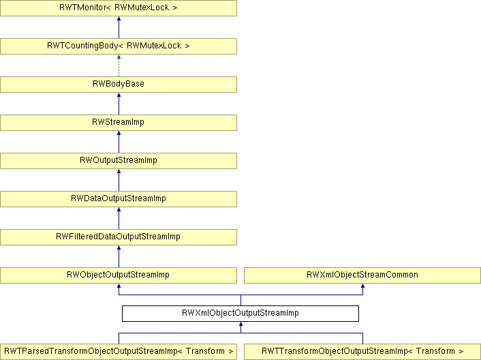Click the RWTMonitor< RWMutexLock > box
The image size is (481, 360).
click(119, 8)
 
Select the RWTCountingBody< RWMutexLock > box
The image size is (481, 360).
click(119, 46)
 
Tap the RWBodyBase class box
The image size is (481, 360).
click(119, 85)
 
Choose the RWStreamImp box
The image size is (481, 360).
click(119, 123)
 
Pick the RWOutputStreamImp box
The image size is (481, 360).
click(119, 160)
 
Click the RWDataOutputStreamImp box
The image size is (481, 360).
click(119, 199)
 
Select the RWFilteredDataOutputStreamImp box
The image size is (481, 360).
click(119, 237)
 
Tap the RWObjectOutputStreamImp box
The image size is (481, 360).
click(119, 275)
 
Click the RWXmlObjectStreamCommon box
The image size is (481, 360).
click(362, 275)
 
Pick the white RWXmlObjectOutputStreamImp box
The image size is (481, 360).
click(240, 314)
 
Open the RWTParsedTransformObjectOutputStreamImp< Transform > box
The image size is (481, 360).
click(119, 352)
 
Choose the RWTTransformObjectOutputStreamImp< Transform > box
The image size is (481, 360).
click(362, 352)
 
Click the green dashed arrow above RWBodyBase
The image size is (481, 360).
click(119, 65)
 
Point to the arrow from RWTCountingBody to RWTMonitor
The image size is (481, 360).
click(119, 27)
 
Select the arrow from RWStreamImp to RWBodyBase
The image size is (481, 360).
click(119, 104)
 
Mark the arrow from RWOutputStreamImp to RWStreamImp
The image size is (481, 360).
click(119, 142)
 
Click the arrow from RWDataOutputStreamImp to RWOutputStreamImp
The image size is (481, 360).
click(119, 180)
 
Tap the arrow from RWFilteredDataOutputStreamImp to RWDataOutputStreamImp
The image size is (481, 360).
click(119, 218)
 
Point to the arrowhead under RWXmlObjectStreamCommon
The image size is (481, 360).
click(362, 286)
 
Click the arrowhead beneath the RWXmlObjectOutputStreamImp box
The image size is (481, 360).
click(240, 324)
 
